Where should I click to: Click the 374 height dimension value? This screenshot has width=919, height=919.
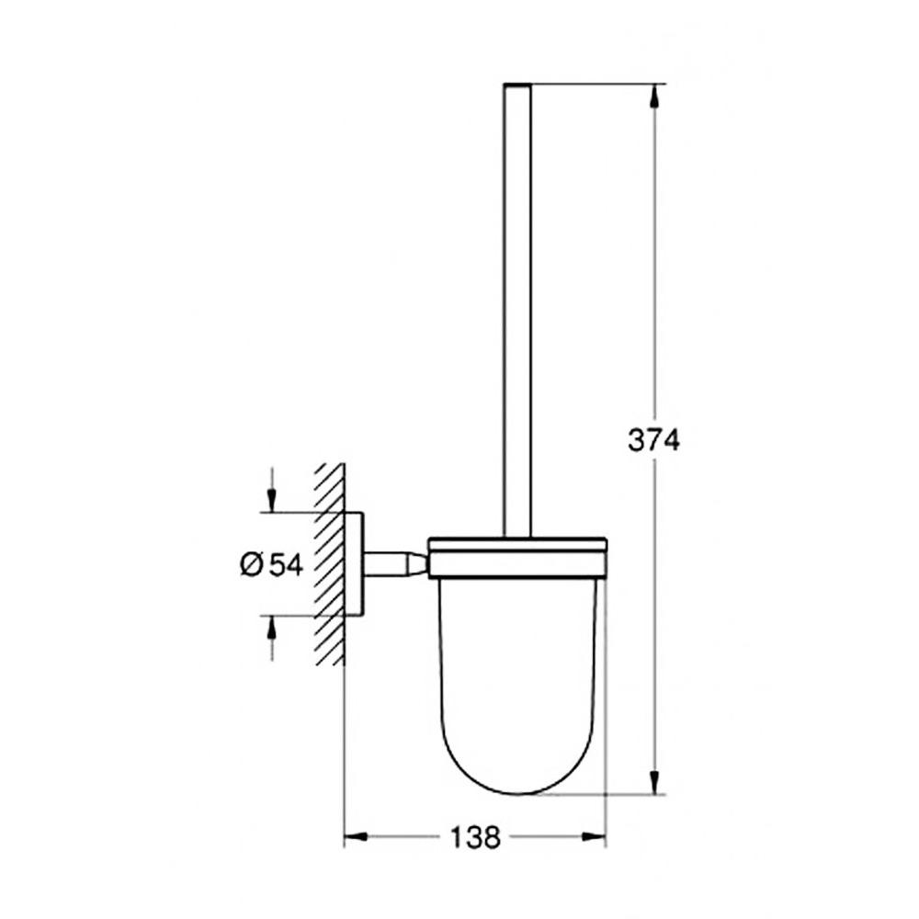653,441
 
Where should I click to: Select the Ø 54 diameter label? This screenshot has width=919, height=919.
271,564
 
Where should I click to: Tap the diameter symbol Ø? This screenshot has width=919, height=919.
253,564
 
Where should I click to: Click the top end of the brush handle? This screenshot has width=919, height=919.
518,86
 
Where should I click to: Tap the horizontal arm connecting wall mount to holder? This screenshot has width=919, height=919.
395,563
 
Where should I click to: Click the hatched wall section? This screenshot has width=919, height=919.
329,563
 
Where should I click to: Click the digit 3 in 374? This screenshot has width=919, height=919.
636,441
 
